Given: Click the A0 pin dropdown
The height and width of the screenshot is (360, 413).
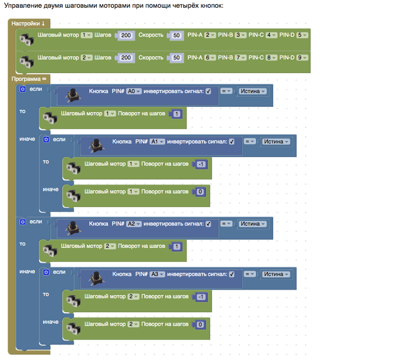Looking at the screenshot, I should click(x=135, y=91).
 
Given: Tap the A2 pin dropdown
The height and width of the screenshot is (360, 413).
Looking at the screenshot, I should click(x=135, y=224).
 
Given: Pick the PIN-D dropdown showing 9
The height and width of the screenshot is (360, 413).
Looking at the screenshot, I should click(x=302, y=58).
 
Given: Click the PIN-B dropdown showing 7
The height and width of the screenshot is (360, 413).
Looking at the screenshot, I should click(x=241, y=58).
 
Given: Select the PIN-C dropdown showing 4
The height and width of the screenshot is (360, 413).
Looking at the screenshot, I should click(x=271, y=35).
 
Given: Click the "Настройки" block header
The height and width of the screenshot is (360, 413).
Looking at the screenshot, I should click(x=28, y=23).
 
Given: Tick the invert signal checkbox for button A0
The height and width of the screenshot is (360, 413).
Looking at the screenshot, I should click(x=208, y=91).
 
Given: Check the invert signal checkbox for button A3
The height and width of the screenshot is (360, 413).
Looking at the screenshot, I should click(x=231, y=274).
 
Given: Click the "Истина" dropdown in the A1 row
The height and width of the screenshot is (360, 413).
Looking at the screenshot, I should click(x=276, y=142).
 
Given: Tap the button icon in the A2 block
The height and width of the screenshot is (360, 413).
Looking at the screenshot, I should click(x=74, y=225).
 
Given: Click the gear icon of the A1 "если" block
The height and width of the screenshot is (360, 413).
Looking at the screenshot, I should click(x=45, y=140).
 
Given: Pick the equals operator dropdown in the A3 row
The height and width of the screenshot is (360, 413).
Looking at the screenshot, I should click(x=250, y=274).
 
